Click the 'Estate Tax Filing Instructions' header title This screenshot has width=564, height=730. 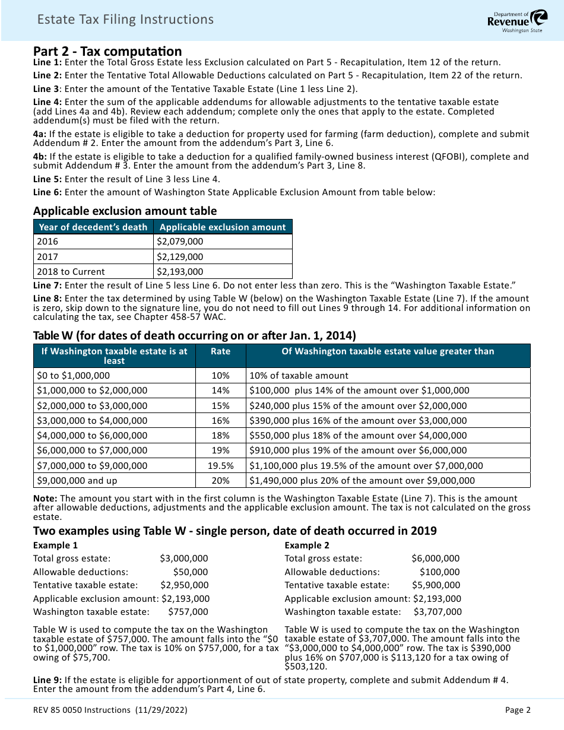point(125,20)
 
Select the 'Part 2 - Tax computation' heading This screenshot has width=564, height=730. point(107,51)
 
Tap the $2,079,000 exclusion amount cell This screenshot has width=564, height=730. point(179,242)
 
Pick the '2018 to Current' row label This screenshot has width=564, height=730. point(71,272)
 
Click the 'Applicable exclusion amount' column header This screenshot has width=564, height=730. point(223,227)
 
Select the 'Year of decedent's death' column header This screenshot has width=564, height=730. point(93,227)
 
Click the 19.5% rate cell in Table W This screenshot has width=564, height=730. point(220,466)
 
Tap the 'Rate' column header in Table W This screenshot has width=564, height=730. point(220,351)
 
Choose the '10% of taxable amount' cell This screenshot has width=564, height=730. point(299,376)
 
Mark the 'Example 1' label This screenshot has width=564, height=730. point(55,545)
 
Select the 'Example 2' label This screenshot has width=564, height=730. point(307,545)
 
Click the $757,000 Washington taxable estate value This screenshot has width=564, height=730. point(188,612)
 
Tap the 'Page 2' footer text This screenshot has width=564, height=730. point(518,710)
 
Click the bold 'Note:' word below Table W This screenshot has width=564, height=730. point(45,499)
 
